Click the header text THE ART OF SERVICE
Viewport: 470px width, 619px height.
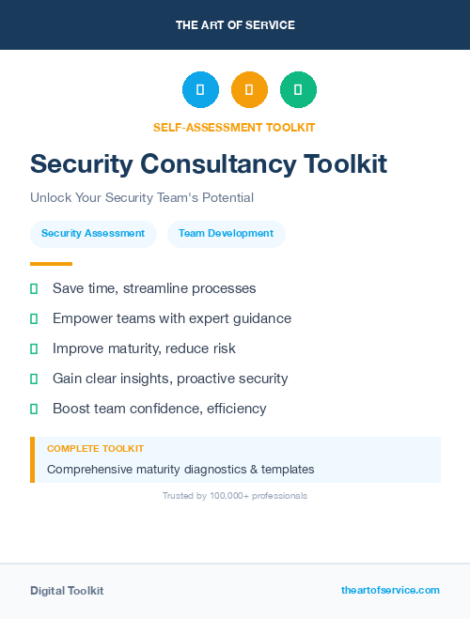(235, 25)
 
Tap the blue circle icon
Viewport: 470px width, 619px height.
(200, 90)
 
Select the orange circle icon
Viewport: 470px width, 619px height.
(249, 90)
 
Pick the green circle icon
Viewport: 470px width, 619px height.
(298, 90)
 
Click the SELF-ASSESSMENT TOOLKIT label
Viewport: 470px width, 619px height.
(234, 127)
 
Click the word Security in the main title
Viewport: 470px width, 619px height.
(81, 164)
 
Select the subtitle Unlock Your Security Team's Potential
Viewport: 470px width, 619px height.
(142, 198)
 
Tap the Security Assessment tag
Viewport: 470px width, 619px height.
(93, 233)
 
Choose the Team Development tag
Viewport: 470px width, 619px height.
(226, 233)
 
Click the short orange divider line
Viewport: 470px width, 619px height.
(51, 264)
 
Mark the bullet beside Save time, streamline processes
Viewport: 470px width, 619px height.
(34, 288)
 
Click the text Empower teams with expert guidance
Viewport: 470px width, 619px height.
(172, 318)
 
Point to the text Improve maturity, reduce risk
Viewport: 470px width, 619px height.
(144, 348)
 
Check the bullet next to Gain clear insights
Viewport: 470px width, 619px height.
(34, 379)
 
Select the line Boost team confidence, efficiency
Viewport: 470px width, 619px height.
(160, 409)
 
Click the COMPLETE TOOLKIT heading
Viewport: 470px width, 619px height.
(95, 449)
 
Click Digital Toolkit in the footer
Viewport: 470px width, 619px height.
(67, 591)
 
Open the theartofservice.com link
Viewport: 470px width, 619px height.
(390, 590)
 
